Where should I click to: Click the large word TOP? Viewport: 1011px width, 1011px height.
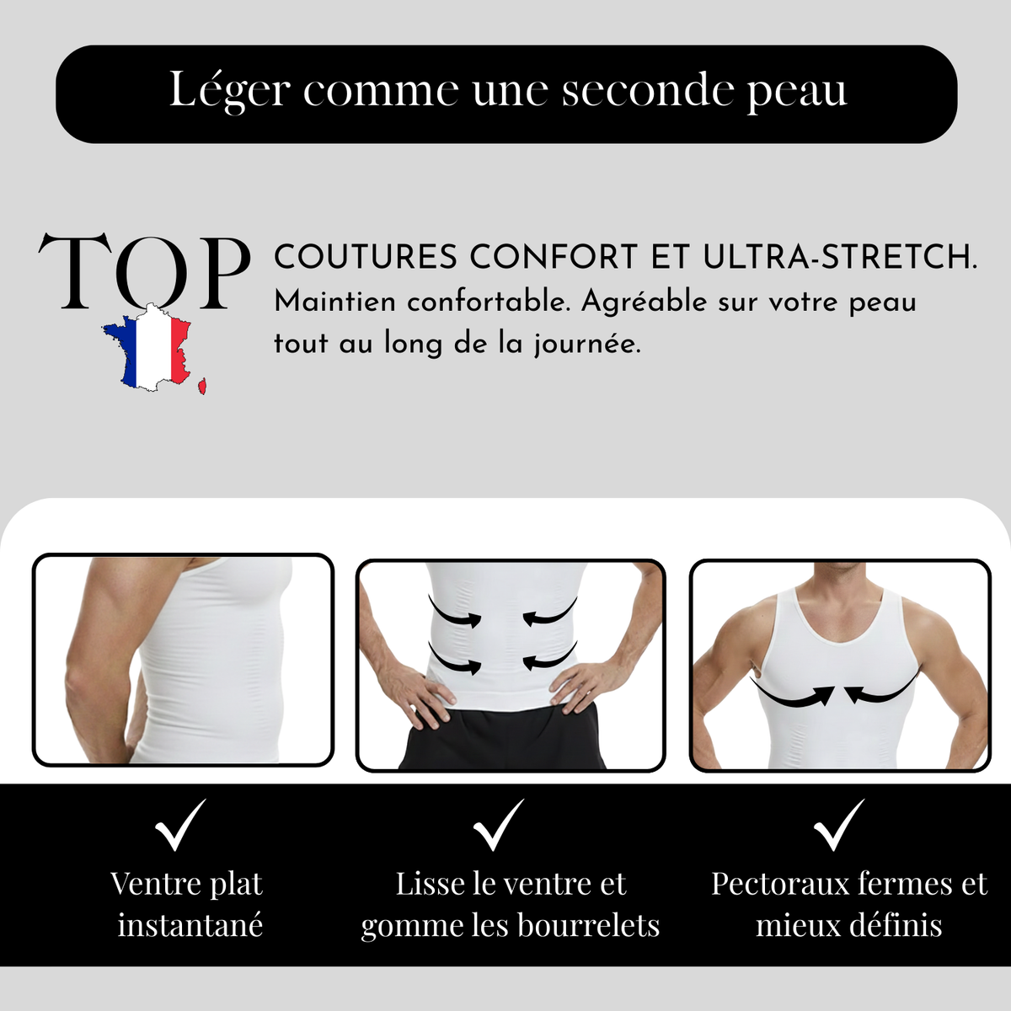click(144, 271)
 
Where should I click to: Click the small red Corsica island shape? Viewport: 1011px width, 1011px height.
click(202, 386)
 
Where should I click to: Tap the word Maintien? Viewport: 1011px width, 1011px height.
click(334, 302)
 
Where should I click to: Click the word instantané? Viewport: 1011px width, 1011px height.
click(190, 925)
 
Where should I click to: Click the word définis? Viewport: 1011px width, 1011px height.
click(896, 925)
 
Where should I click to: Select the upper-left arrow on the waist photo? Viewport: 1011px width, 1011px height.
click(455, 612)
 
